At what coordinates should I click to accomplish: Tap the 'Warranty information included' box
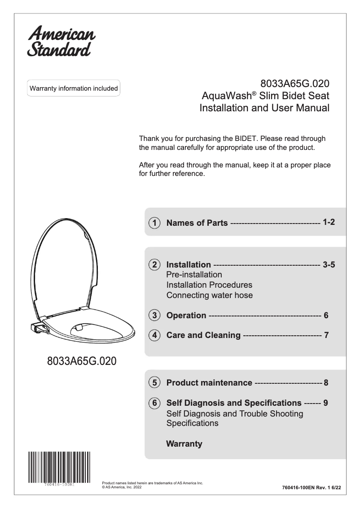74,88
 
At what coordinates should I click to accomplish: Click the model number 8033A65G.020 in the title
295,84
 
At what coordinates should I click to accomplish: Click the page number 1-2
329,222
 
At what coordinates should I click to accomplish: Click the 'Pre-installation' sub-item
194,274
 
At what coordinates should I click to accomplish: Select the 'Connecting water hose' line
209,295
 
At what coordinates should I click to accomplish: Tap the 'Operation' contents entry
186,315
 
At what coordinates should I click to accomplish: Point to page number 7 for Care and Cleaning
326,335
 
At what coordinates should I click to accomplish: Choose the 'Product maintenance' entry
209,383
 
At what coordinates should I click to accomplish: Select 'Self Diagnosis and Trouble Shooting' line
234,413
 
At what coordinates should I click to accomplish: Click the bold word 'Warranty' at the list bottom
184,444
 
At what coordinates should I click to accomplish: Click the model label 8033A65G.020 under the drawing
82,361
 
